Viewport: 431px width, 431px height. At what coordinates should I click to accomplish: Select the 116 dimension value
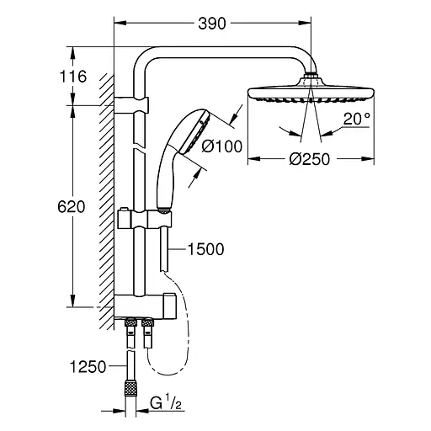(73, 77)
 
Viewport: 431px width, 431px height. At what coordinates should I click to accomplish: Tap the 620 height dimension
(73, 206)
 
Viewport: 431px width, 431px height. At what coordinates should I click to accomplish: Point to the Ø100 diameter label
(222, 146)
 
